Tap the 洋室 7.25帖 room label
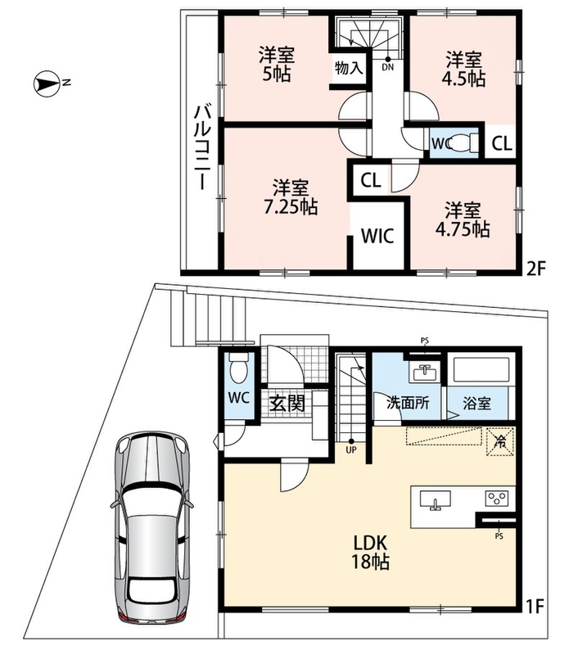click(x=291, y=197)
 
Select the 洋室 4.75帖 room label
click(x=463, y=219)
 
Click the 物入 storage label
click(x=349, y=67)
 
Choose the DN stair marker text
click(x=388, y=67)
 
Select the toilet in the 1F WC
click(x=238, y=367)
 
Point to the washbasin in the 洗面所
click(x=425, y=373)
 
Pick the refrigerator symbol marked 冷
click(x=499, y=440)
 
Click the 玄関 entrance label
click(x=287, y=404)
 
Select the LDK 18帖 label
click(x=371, y=552)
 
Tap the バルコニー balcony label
click(x=201, y=147)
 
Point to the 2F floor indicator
click(x=536, y=269)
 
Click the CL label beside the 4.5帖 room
click(x=501, y=144)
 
